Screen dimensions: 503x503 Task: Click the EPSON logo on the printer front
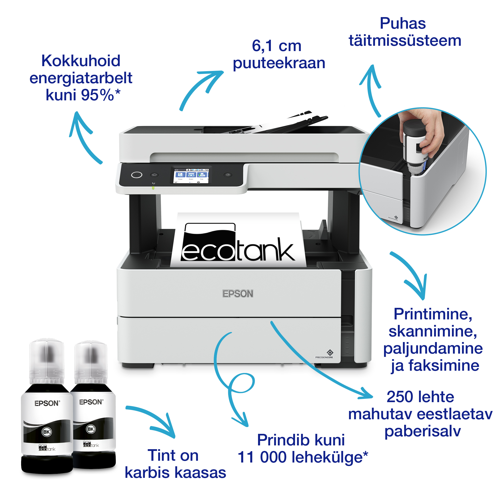(x=237, y=294)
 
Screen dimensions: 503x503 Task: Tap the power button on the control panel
(x=137, y=175)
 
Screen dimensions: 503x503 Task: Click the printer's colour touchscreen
(x=191, y=175)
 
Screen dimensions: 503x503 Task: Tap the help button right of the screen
(x=228, y=175)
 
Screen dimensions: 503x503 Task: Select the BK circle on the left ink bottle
(x=47, y=432)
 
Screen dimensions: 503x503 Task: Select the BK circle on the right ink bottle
(x=91, y=429)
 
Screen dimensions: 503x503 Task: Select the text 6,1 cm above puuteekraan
(x=276, y=46)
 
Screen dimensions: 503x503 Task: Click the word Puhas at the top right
(x=402, y=23)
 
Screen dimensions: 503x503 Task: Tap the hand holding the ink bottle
(x=427, y=130)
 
